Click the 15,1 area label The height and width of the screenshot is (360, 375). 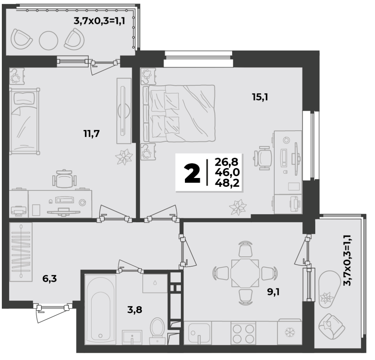click(260, 97)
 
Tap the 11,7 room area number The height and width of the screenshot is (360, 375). click(92, 133)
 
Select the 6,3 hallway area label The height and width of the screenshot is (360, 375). click(49, 278)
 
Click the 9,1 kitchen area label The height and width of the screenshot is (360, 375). click(273, 292)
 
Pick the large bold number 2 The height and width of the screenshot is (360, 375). click(192, 174)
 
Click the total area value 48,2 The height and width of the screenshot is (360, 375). click(227, 183)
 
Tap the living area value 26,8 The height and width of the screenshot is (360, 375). click(227, 162)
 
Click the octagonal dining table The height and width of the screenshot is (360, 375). click(245, 273)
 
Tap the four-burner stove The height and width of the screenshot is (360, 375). click(243, 333)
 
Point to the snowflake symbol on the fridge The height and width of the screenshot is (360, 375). click(290, 332)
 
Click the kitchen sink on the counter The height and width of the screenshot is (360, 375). click(197, 333)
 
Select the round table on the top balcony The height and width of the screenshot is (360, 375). click(49, 40)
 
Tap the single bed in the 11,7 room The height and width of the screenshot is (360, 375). click(24, 121)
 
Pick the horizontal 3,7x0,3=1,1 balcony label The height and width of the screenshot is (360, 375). click(100, 21)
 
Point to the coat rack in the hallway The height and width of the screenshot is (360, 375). click(21, 252)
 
